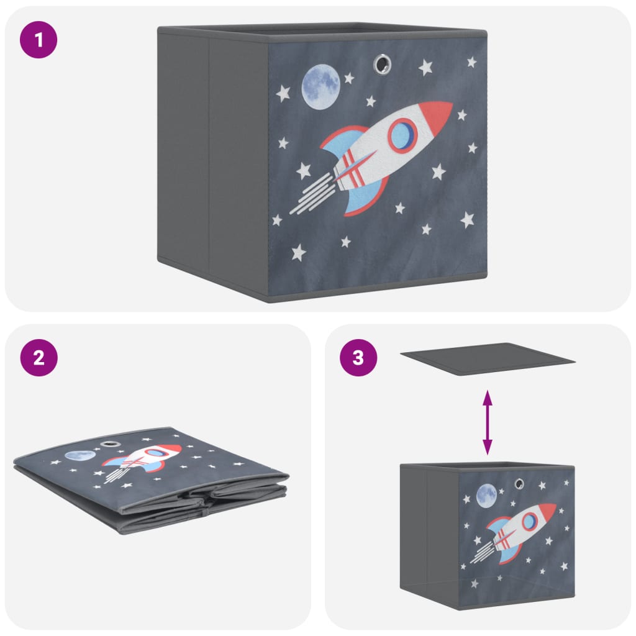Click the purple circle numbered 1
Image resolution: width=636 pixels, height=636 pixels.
click(39, 41)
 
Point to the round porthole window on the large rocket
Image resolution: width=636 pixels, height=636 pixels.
click(402, 135)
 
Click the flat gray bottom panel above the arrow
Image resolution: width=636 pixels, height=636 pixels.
click(488, 359)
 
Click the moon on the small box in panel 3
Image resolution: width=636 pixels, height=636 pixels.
click(486, 496)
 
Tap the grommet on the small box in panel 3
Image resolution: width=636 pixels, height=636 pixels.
click(519, 483)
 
